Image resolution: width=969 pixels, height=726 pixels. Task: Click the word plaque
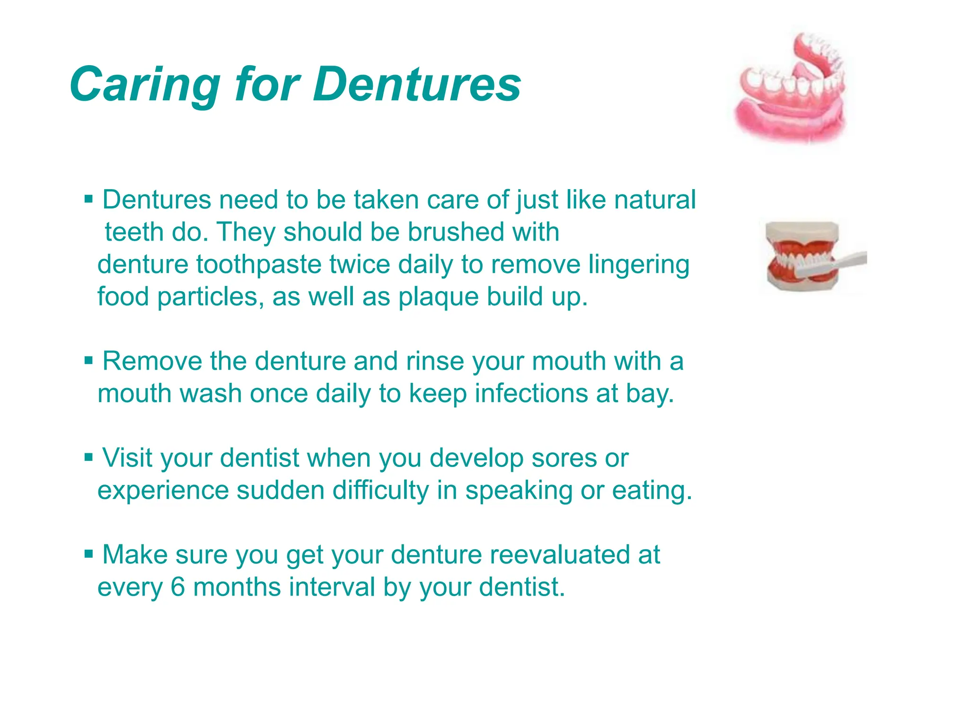pos(438,297)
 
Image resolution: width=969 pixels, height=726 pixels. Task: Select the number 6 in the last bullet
pos(177,587)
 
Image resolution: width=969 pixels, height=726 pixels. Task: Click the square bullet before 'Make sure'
pos(88,553)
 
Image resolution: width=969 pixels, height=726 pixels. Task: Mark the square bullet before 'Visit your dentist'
pos(88,457)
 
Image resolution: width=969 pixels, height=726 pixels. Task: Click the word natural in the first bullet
pos(655,199)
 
